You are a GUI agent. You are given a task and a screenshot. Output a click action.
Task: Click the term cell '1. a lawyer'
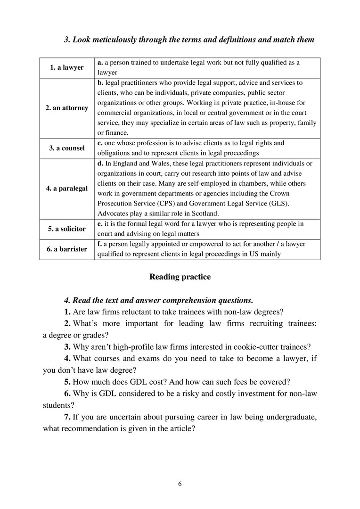tap(66, 67)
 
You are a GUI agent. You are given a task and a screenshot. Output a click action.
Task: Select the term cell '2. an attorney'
tap(66, 108)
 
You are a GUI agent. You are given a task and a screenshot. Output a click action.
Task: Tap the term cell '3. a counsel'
tap(66, 148)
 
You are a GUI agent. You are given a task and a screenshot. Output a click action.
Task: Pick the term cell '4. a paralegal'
tap(66, 188)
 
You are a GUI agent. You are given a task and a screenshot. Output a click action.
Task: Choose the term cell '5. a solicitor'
tap(66, 229)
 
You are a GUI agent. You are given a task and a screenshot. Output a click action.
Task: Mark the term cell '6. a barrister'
tap(66, 249)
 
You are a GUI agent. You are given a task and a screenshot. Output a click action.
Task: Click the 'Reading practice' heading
tap(180, 277)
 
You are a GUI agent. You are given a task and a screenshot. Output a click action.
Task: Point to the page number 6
tap(180, 484)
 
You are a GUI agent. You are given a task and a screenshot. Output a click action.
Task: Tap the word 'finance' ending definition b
tap(115, 133)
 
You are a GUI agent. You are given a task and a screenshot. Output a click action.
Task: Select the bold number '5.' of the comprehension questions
tap(68, 382)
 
